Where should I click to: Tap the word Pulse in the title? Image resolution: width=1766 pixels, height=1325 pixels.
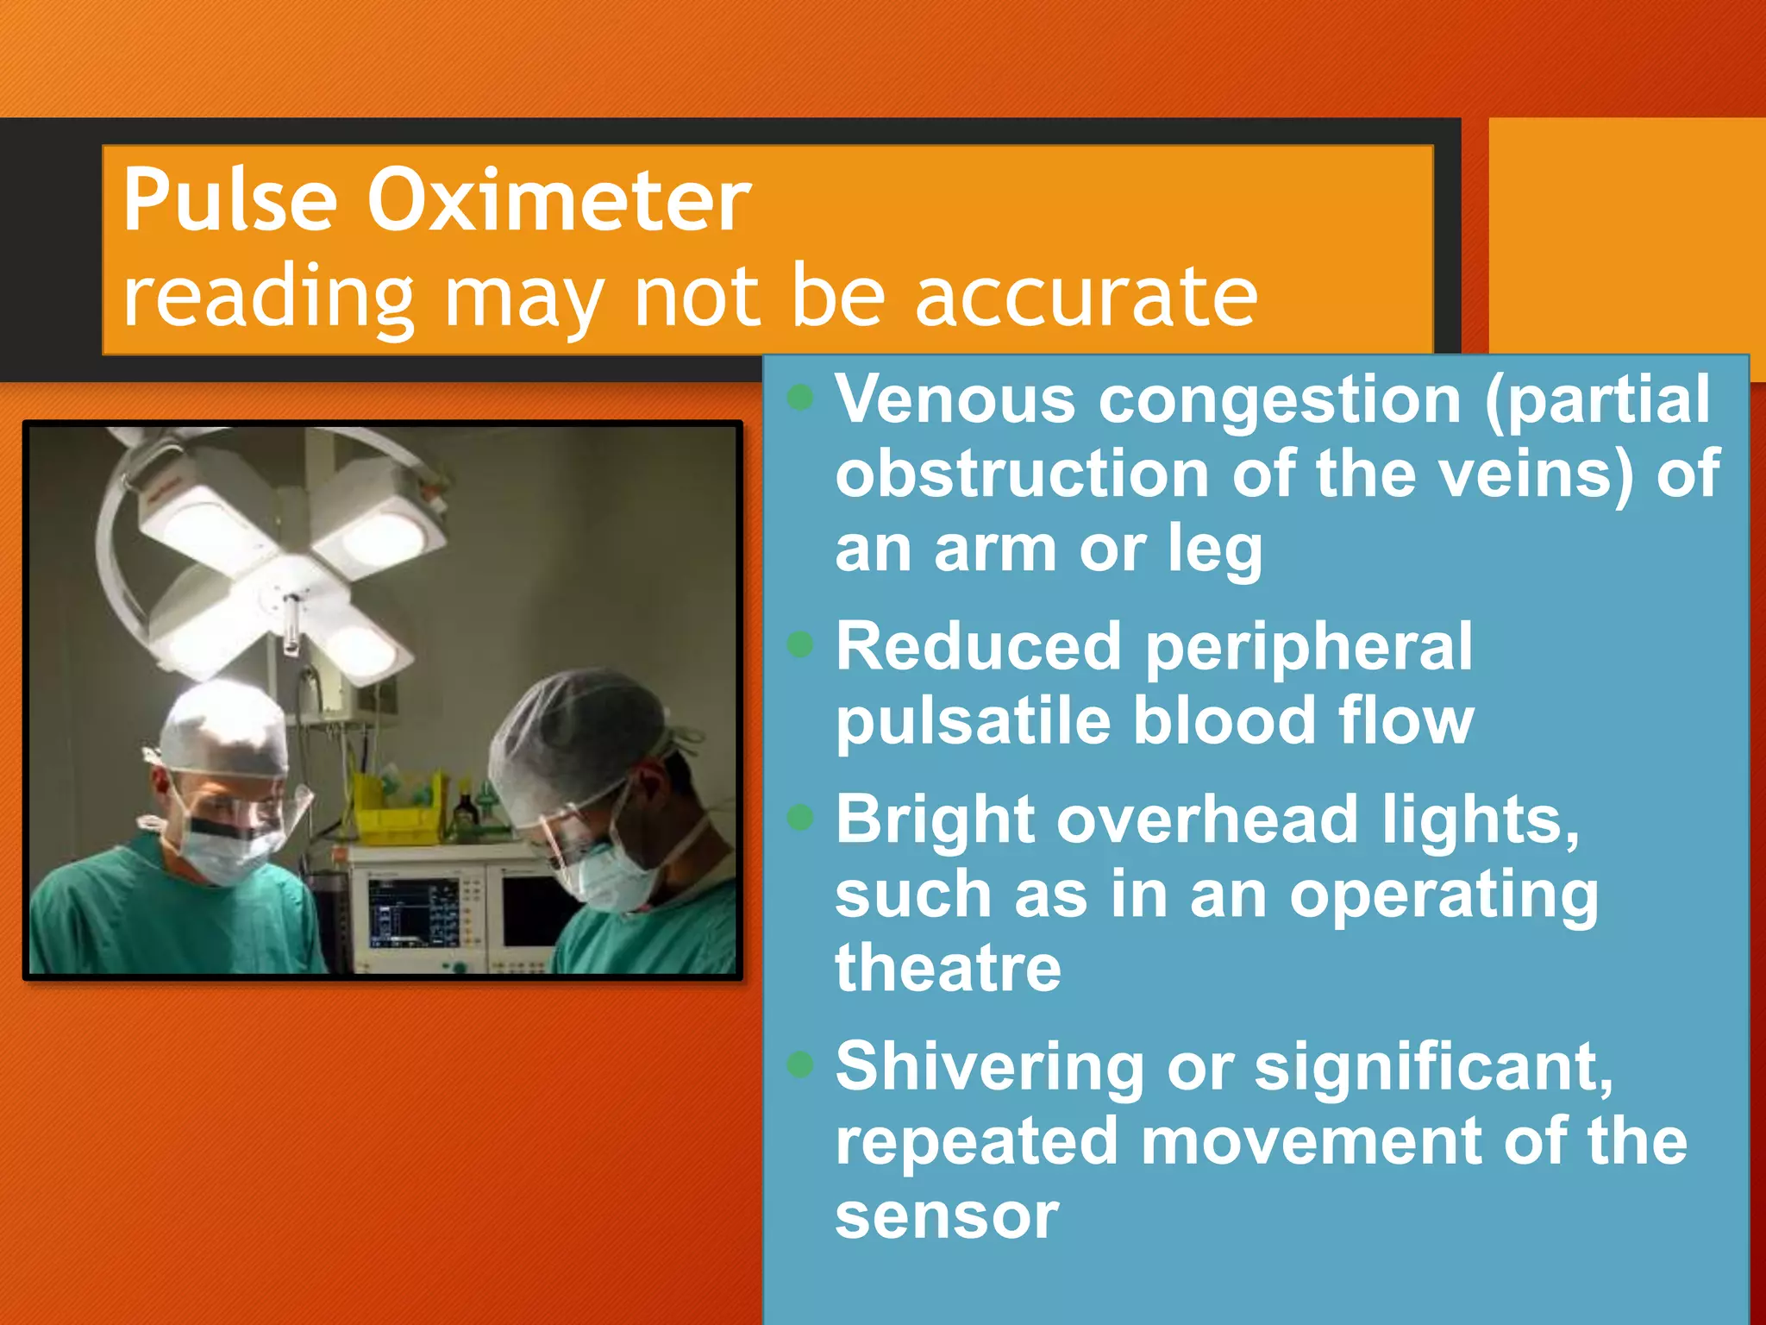(x=229, y=200)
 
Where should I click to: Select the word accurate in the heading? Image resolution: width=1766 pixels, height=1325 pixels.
(x=1087, y=298)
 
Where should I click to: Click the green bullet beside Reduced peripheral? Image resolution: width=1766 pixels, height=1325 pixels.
(x=801, y=644)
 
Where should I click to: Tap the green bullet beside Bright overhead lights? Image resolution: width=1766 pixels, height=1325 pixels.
(x=801, y=817)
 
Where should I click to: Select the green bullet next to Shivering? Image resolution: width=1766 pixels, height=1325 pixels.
(x=801, y=1064)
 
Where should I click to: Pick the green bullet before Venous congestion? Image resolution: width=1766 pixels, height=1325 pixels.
(x=801, y=398)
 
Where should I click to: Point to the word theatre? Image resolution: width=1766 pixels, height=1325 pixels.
(x=948, y=968)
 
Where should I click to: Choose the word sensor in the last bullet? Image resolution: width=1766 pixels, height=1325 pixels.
(x=947, y=1215)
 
